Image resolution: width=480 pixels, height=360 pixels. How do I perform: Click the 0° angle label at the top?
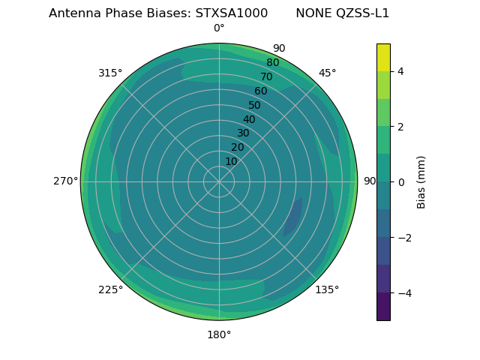tap(219, 28)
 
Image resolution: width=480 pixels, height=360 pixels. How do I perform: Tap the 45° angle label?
tap(327, 73)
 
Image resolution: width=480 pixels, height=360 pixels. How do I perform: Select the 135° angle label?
tap(327, 289)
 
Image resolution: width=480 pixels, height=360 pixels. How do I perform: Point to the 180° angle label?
tap(219, 334)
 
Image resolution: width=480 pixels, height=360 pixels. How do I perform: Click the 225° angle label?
tap(110, 289)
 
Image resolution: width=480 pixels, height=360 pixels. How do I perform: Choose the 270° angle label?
tap(65, 181)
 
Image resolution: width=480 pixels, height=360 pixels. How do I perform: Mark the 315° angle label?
tap(110, 73)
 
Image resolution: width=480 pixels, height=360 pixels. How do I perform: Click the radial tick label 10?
tap(231, 161)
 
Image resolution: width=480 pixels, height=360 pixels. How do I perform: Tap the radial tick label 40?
tap(249, 119)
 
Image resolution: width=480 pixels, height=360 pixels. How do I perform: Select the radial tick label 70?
tap(266, 76)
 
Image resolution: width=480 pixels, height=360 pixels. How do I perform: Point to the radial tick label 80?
tap(272, 62)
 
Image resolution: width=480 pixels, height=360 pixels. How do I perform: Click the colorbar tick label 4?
tap(400, 71)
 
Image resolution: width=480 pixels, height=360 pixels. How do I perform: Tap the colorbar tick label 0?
tap(400, 182)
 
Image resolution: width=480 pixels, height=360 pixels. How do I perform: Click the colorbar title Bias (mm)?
tap(421, 181)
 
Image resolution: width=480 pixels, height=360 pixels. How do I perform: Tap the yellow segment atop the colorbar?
tap(383, 57)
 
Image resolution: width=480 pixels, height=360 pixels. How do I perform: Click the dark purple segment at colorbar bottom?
tap(383, 306)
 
